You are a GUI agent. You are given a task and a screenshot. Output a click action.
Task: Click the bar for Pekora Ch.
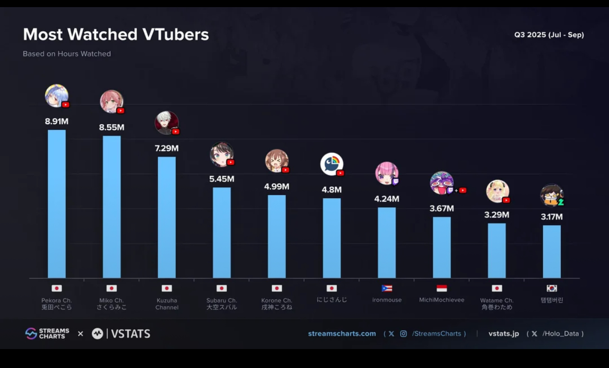pos(57,204)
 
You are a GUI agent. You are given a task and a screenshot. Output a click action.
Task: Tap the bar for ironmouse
pos(387,242)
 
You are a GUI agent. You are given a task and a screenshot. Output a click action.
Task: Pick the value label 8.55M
pos(111,127)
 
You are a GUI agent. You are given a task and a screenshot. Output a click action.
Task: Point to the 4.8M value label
pos(332,190)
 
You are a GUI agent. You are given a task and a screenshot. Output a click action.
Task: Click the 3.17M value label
pos(552,217)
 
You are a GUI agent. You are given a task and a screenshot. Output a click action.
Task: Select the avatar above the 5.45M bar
pos(221,154)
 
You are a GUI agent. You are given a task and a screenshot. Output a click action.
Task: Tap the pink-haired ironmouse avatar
pos(387,173)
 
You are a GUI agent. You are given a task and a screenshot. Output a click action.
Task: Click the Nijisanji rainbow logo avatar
pos(332,164)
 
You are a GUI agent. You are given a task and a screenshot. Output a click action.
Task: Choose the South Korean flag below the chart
pos(552,288)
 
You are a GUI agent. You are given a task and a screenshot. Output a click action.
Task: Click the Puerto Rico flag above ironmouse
pos(387,288)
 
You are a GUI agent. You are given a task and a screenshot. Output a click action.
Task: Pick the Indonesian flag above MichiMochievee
pos(442,288)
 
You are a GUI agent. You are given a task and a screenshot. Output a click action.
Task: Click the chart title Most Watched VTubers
pos(116,35)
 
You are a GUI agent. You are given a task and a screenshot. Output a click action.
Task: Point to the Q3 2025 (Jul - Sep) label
pos(549,35)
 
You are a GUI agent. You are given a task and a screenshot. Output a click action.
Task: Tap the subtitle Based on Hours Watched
pos(67,54)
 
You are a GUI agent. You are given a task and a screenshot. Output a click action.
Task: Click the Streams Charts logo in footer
pos(47,333)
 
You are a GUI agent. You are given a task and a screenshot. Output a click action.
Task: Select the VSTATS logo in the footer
pos(121,333)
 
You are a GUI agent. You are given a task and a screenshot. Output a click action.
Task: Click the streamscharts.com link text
pos(342,333)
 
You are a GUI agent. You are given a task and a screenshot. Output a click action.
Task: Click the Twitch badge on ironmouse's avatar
pos(396,181)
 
